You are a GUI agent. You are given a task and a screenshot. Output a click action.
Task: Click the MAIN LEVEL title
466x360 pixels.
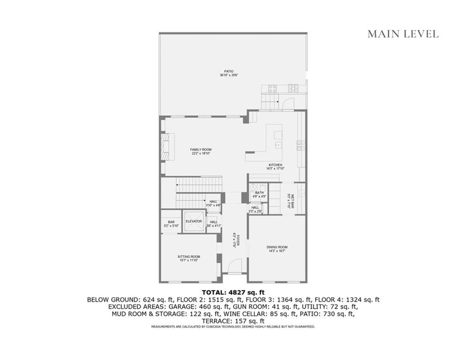403,34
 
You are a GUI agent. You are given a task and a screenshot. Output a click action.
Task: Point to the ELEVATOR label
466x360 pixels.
193,221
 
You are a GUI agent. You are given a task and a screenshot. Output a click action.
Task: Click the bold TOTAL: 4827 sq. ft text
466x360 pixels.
233,292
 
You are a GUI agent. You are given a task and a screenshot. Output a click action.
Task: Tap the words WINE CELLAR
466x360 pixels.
278,314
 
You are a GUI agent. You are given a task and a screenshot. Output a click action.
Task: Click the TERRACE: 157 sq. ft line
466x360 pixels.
233,321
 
